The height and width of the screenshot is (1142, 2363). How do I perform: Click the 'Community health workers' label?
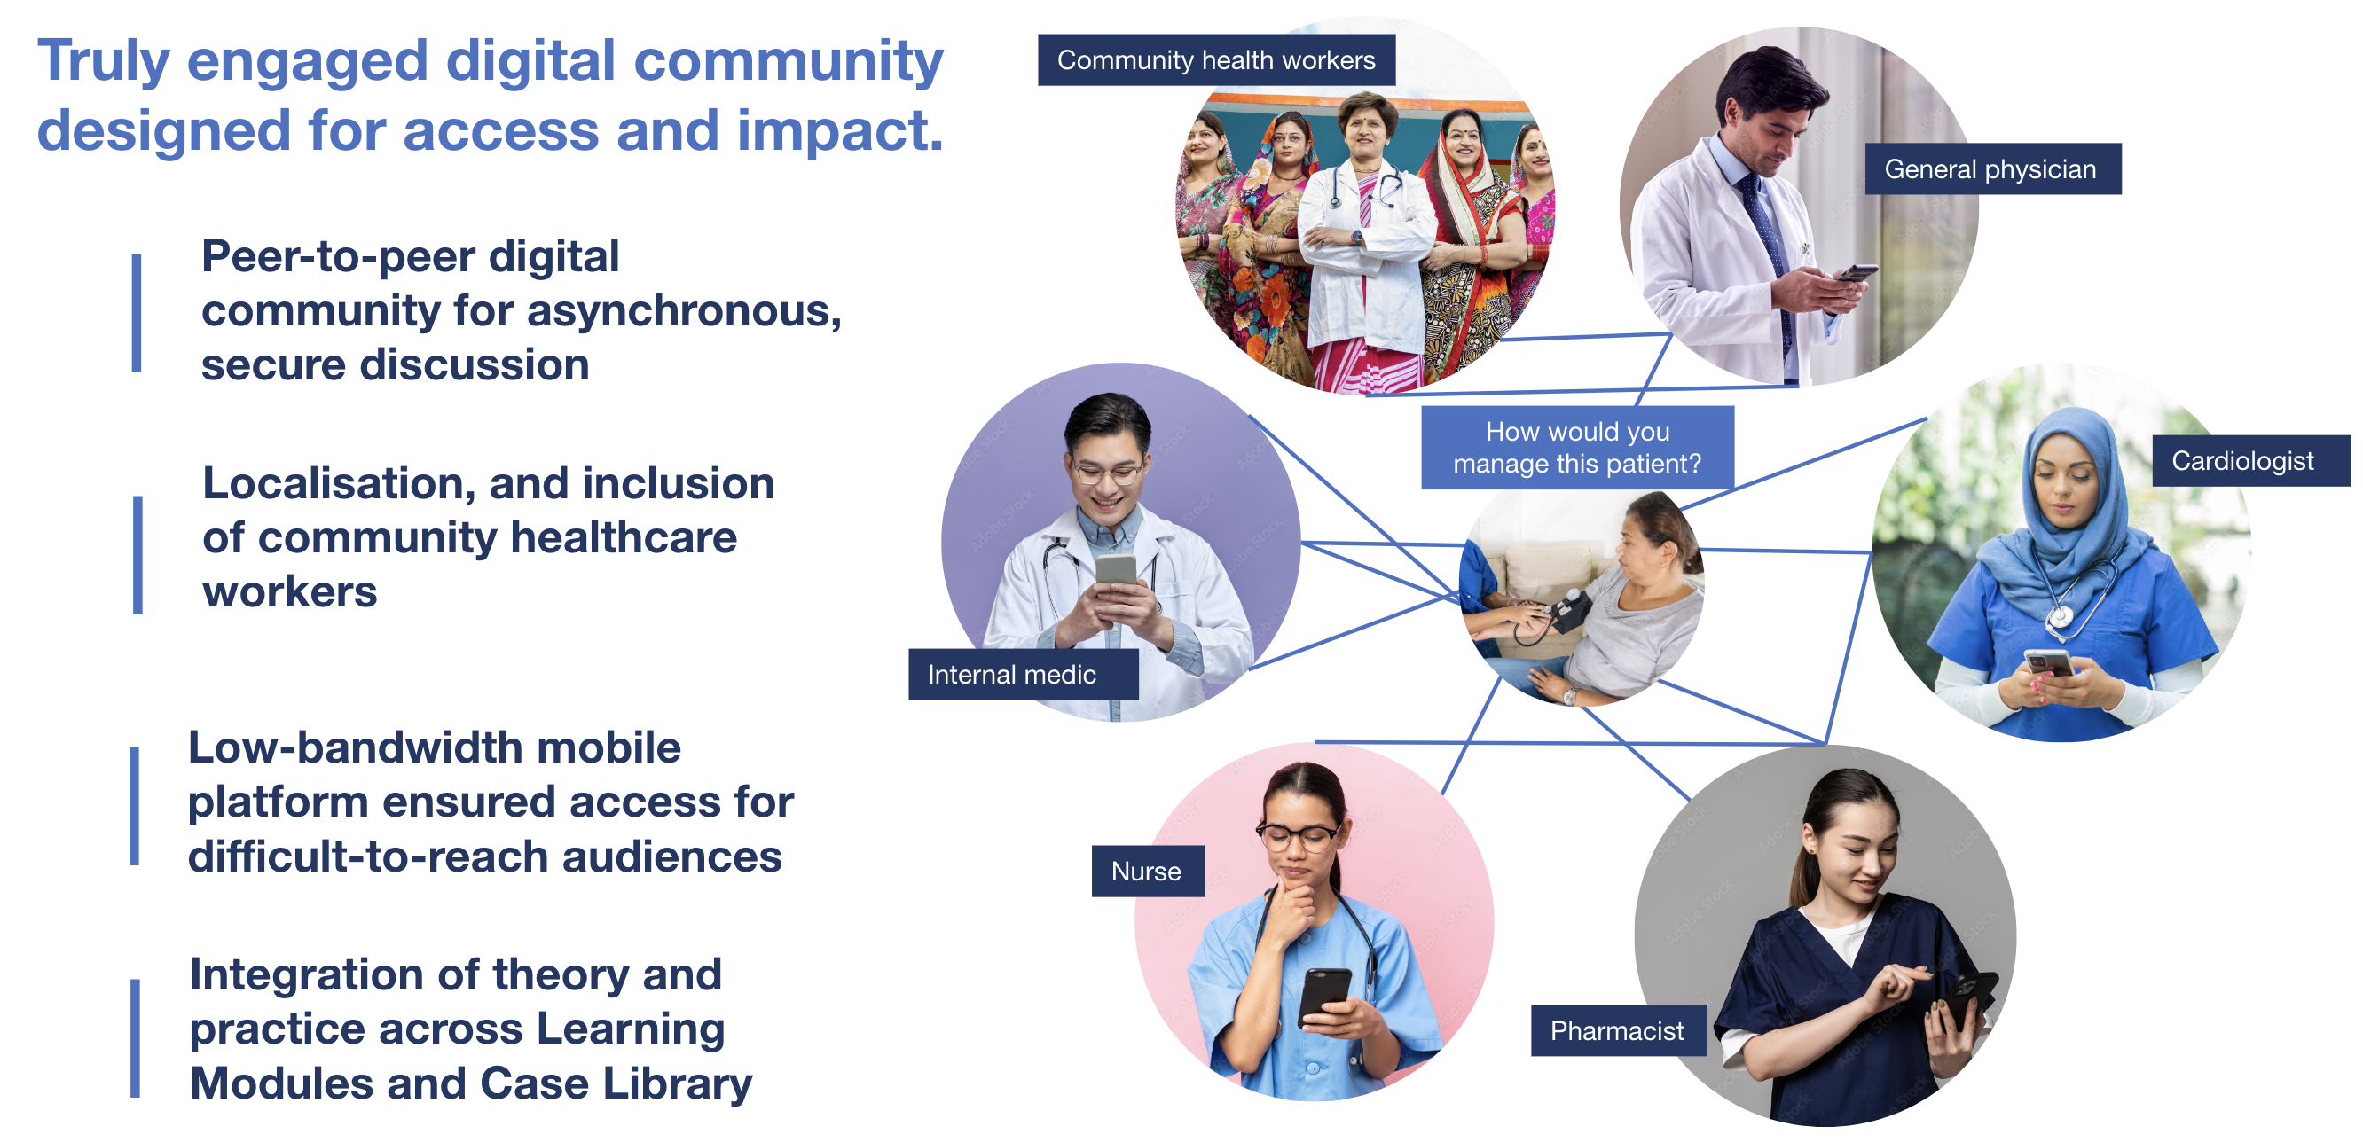tap(1215, 60)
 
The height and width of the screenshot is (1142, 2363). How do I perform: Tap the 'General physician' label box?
tap(1991, 168)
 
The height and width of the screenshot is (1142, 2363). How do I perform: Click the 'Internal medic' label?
tap(1012, 674)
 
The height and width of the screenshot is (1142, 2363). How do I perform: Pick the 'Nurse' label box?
tap(1147, 871)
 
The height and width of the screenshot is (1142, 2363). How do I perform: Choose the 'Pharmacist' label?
tap(1616, 1030)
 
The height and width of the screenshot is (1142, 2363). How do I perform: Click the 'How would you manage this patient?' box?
tap(1577, 448)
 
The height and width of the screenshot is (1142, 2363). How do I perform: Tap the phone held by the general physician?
tap(1857, 273)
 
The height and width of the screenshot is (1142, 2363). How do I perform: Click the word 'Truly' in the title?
tap(104, 60)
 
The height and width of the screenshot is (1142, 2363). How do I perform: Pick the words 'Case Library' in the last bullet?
tap(616, 1083)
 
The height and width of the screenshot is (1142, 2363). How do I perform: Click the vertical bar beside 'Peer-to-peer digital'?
tap(137, 313)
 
